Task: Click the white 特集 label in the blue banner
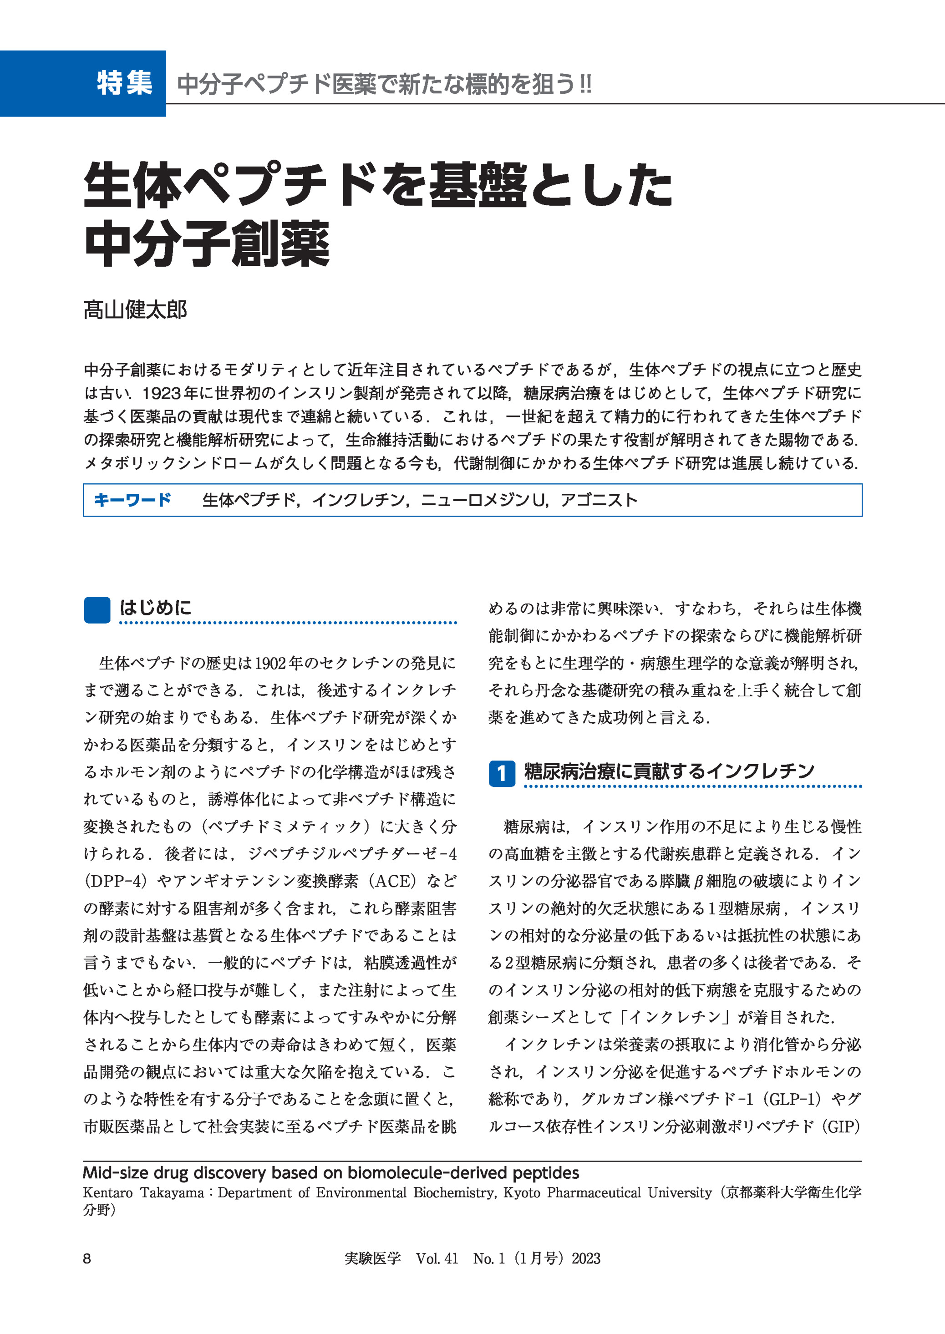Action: click(125, 83)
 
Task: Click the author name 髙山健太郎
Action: click(135, 309)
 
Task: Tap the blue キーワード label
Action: click(132, 500)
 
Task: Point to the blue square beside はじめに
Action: click(97, 610)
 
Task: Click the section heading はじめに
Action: click(155, 608)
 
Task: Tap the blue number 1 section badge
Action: click(502, 773)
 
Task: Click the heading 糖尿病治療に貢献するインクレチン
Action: click(669, 771)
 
